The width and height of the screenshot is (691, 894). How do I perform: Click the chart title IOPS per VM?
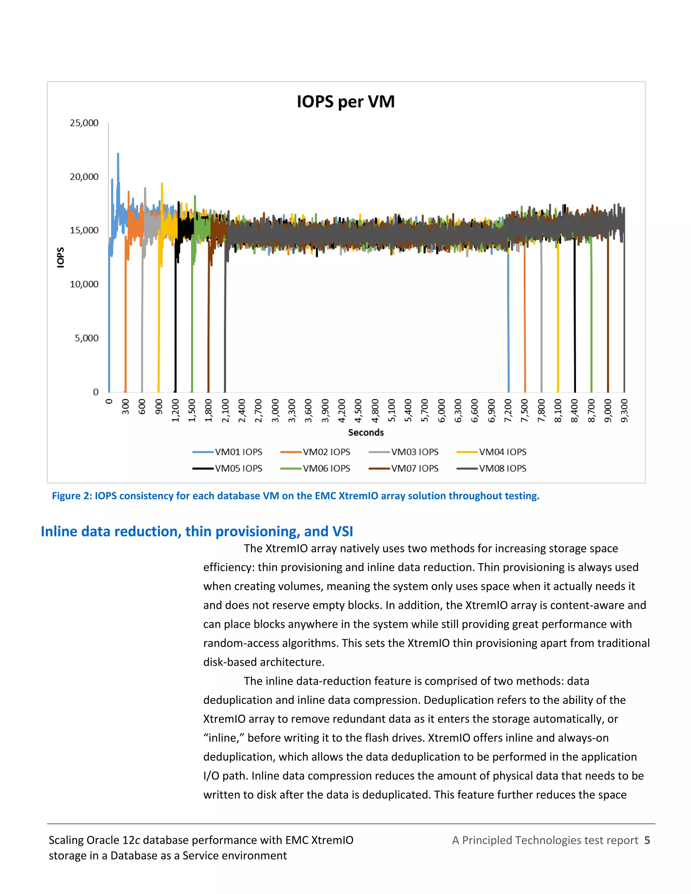pyautogui.click(x=345, y=102)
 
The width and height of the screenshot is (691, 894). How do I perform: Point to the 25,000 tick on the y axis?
pyautogui.click(x=84, y=123)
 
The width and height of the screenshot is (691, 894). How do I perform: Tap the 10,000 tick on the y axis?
pyautogui.click(x=84, y=284)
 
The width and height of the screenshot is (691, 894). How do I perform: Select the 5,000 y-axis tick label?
pyautogui.click(x=86, y=338)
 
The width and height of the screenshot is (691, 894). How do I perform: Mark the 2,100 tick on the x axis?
pyautogui.click(x=225, y=411)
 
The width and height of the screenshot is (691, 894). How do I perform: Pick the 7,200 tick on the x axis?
pyautogui.click(x=508, y=411)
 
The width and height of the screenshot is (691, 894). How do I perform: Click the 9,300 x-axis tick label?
pyautogui.click(x=624, y=411)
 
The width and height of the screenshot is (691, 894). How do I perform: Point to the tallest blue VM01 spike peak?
pyautogui.click(x=118, y=154)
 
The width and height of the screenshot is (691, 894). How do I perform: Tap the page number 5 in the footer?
pyautogui.click(x=647, y=840)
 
